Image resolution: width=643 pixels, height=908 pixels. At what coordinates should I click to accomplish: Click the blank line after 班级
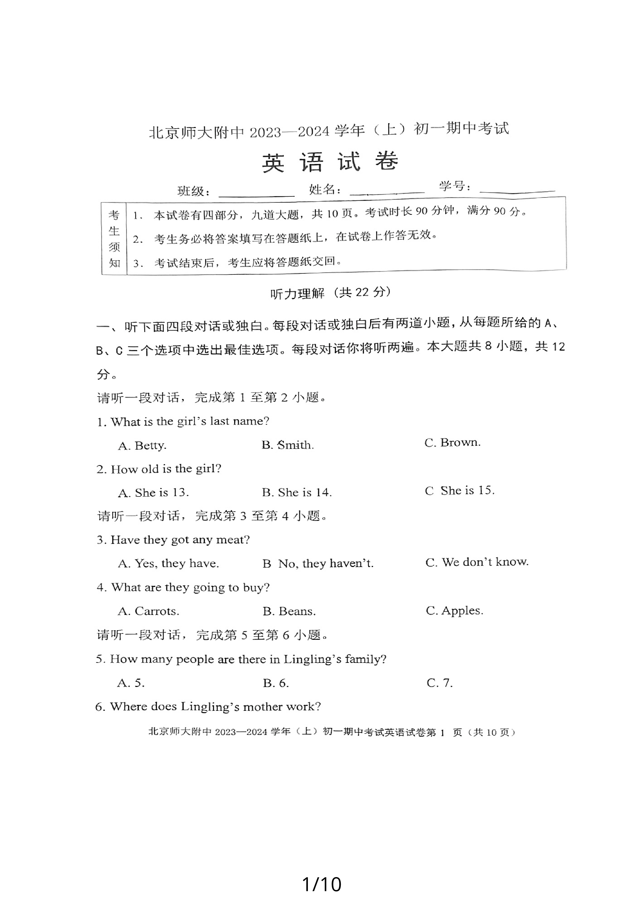(x=256, y=194)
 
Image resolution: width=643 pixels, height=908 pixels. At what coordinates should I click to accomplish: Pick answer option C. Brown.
(x=453, y=443)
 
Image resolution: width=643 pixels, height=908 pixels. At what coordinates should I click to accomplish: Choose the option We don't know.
(x=477, y=562)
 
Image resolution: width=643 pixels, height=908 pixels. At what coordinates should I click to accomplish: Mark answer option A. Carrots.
(x=148, y=611)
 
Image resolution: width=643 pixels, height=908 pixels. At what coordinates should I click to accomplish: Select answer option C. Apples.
(x=454, y=611)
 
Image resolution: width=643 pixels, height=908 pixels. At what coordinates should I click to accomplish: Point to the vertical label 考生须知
(x=114, y=239)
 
